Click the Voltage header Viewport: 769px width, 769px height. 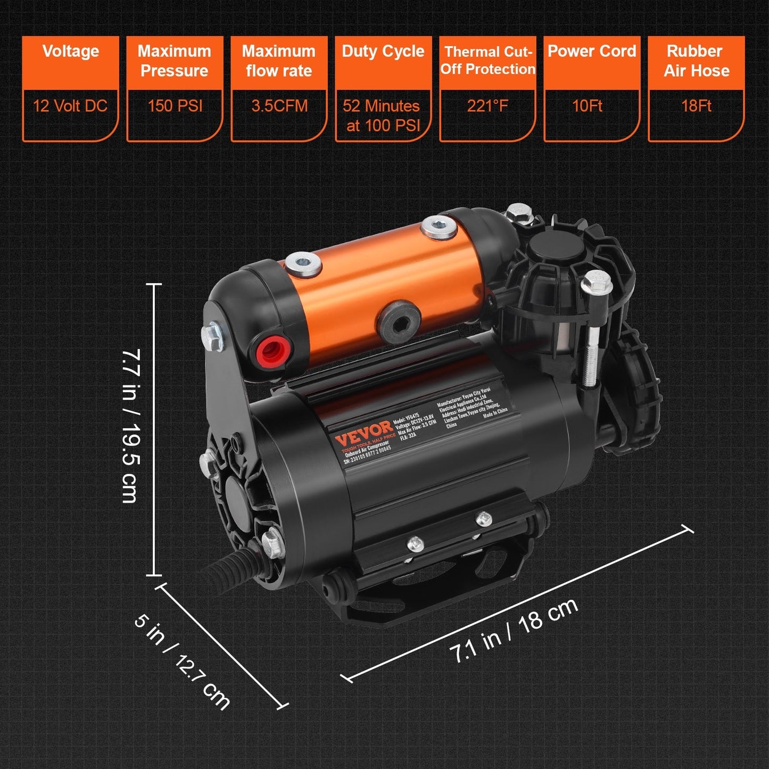coord(70,52)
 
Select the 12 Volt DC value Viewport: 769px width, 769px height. coord(70,106)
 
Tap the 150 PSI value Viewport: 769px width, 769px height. coord(175,106)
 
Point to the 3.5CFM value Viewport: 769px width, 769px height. coord(279,106)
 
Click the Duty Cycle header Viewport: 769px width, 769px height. coord(383,52)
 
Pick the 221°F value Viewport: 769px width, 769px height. coord(487,106)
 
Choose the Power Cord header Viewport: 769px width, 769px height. coord(592,52)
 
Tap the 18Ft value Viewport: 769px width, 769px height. coord(696,106)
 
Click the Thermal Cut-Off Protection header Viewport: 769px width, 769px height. coord(487,60)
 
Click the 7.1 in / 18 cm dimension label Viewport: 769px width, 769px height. coord(514,631)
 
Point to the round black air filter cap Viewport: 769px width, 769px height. coord(555,247)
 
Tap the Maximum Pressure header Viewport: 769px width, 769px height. coord(175,61)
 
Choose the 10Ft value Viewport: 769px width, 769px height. coord(588,106)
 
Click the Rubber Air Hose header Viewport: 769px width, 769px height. coord(696,61)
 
